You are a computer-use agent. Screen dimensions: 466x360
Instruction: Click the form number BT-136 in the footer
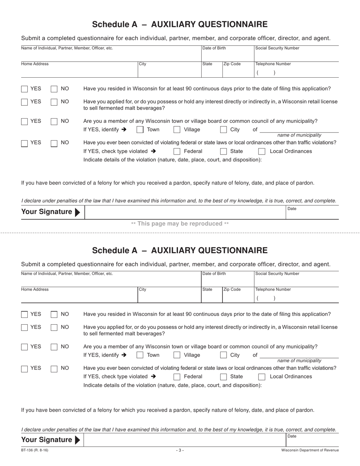tap(34, 450)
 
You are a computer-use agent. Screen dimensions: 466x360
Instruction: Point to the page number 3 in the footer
tap(180, 450)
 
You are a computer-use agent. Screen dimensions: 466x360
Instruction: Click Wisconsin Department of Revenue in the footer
tap(310, 450)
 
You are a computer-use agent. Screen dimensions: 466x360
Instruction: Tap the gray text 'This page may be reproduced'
tap(180, 224)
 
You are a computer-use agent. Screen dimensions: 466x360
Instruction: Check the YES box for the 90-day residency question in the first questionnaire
tap(25, 89)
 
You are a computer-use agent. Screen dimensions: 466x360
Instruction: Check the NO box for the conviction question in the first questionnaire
tap(54, 143)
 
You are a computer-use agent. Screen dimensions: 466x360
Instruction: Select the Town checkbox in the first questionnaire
tap(140, 130)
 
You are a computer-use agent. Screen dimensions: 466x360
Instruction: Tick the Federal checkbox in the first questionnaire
tap(177, 152)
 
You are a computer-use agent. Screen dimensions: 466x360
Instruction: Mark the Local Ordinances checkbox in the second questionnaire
tap(262, 377)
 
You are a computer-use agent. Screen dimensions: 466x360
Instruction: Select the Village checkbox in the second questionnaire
tap(177, 355)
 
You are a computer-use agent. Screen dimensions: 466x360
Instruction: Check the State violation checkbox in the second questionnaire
tap(224, 377)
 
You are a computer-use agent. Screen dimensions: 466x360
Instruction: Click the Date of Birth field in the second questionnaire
tap(227, 280)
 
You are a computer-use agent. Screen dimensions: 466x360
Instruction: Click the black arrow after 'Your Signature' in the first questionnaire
tap(78, 212)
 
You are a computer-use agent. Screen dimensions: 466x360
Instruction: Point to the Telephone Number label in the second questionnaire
tap(273, 289)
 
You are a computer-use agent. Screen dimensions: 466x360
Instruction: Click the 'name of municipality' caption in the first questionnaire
tap(299, 135)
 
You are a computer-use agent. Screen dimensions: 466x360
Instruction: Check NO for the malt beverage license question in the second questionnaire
tap(54, 327)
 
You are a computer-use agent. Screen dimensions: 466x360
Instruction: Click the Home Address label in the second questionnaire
tap(35, 289)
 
